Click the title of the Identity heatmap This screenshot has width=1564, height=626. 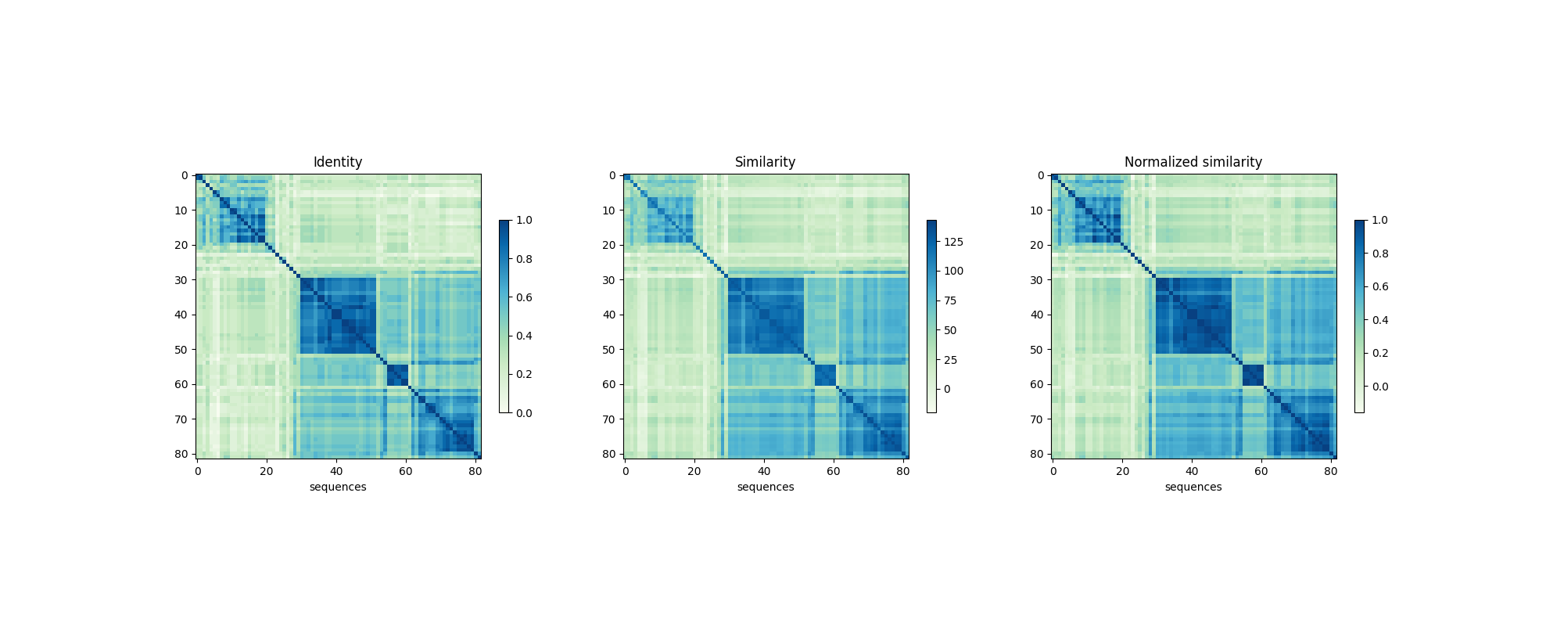338,162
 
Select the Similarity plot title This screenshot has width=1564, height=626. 765,162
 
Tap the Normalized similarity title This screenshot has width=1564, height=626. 1193,162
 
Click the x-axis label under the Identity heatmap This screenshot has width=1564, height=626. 338,487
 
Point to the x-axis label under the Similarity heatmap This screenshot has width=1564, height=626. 765,487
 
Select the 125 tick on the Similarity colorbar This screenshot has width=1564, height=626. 953,242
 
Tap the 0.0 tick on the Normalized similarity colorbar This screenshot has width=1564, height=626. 1379,387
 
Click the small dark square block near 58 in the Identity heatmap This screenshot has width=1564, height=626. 397,376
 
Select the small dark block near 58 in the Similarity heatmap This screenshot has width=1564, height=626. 825,376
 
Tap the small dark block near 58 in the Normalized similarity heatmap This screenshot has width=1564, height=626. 1253,376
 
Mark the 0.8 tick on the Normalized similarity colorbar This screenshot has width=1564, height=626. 1379,254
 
